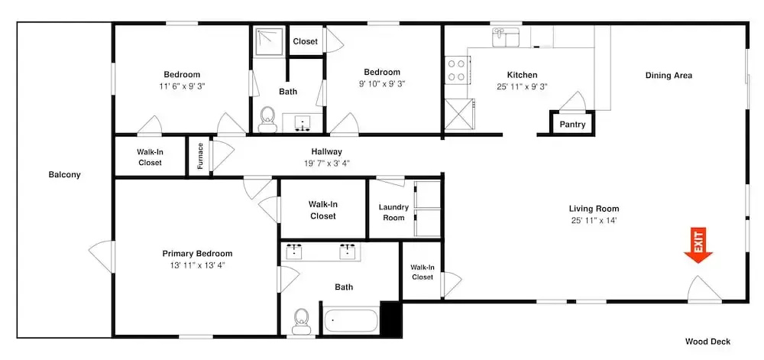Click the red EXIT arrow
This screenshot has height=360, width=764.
point(698,246)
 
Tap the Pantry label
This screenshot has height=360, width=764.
point(572,125)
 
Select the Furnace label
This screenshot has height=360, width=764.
point(200,156)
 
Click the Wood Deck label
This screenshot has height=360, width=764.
point(707,342)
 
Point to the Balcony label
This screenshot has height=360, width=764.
point(64,174)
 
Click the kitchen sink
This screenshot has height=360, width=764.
point(506,37)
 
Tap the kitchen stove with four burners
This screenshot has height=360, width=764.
point(457,70)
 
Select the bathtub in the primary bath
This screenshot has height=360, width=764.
point(351,320)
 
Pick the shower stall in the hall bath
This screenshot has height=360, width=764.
point(268,41)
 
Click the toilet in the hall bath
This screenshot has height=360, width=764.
point(267,119)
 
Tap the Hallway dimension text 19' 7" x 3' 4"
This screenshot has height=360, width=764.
point(326,163)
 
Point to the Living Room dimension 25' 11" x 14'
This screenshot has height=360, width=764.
point(594,219)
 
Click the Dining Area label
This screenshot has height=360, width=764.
point(668,76)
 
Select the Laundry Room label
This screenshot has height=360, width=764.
point(393,212)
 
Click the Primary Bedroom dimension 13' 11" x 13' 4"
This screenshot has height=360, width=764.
point(197,265)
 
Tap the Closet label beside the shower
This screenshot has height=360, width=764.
point(306,41)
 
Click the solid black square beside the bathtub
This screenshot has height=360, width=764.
point(390,318)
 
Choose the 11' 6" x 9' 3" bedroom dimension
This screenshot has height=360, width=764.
point(182,86)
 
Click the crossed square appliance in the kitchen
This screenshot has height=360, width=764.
point(458,114)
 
